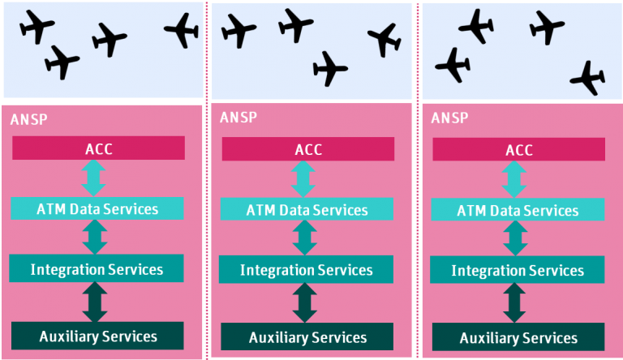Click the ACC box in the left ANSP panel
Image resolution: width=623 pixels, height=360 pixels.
click(98, 148)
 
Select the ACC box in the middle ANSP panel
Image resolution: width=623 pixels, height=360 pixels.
click(307, 149)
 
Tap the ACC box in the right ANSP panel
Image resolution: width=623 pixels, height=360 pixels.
click(518, 149)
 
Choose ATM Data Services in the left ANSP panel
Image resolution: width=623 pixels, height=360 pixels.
click(97, 208)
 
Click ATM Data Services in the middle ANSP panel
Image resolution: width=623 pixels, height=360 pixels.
click(307, 209)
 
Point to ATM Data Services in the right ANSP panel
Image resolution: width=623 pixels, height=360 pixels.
click(518, 210)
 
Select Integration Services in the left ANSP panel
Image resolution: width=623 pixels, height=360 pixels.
click(97, 268)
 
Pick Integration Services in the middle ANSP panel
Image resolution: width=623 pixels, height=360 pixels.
click(306, 269)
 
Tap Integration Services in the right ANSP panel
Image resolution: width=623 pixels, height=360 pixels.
click(518, 270)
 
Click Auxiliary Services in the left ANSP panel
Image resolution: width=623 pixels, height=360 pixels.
click(97, 335)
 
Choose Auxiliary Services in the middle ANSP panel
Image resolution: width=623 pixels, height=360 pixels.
click(307, 336)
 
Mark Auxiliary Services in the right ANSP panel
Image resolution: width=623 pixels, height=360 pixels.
click(518, 337)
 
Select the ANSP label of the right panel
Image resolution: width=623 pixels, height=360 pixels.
click(449, 118)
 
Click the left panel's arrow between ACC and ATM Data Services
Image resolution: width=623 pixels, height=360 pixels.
click(94, 178)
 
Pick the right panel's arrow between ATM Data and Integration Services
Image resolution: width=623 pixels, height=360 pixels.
click(513, 238)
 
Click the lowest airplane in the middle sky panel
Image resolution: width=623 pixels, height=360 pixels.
click(329, 68)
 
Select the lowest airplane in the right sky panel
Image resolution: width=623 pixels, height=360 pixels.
click(587, 78)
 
